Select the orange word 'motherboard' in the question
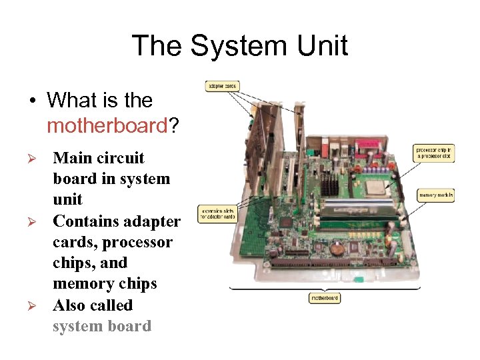106,126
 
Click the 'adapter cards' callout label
222,87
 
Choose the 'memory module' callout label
436,195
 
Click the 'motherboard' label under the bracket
325,298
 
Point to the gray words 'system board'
102,327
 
